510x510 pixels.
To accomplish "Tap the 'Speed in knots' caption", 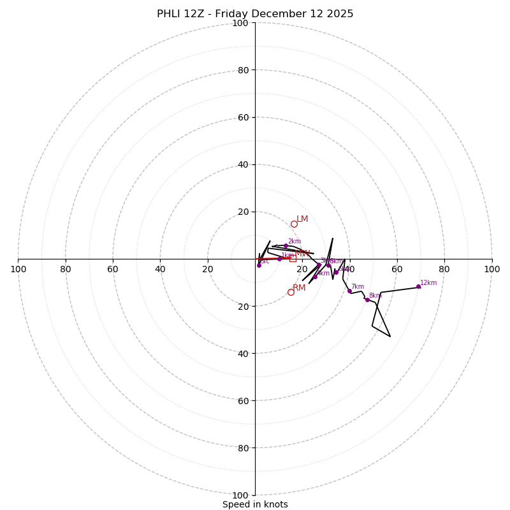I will [x=255, y=504].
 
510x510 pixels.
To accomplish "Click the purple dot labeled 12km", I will [x=418, y=287].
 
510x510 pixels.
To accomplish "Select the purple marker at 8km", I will [x=367, y=300].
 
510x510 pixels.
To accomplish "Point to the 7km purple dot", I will [x=349, y=291].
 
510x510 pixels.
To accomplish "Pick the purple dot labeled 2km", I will [x=286, y=246].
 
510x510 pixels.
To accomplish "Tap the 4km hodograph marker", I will [x=315, y=277].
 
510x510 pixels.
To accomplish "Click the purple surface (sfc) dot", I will [x=259, y=265].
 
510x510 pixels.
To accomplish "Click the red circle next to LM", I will [x=294, y=224].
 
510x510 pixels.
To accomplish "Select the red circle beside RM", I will [x=291, y=292].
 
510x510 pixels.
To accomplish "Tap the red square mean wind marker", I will [x=293, y=258].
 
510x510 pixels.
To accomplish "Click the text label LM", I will [x=302, y=219].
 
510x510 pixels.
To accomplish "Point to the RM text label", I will [x=299, y=288].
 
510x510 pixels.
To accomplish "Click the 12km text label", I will [x=428, y=283].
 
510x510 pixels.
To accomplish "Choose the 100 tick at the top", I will [x=240, y=23].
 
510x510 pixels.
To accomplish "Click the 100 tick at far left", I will [x=18, y=269].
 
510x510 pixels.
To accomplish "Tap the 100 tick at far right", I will [x=492, y=269].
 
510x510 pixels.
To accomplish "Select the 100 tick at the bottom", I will [x=240, y=495].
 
